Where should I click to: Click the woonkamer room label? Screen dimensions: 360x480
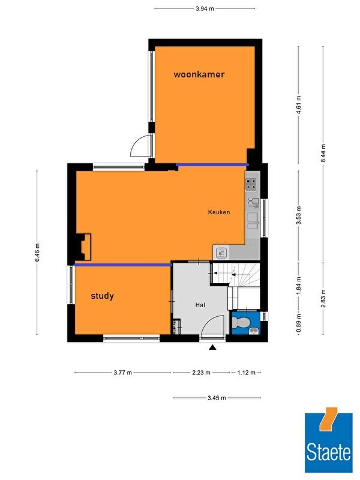point(199,74)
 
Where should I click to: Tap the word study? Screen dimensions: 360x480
point(102,296)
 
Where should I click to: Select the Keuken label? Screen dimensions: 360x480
point(219,212)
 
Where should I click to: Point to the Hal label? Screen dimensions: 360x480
point(200,305)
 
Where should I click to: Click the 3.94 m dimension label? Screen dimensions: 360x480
point(205,8)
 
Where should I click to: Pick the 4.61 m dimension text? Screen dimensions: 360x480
point(299,104)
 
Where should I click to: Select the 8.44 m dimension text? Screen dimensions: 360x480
point(323,154)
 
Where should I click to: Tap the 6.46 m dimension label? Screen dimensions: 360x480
point(37,253)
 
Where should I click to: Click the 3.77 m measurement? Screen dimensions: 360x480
point(123,373)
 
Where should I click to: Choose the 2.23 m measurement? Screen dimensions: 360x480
point(201,373)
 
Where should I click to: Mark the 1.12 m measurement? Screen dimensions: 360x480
point(246,373)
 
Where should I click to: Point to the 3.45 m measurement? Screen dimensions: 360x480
point(217,398)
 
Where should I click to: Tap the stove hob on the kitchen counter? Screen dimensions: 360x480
point(251,185)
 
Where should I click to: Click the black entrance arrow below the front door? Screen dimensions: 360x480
point(212,347)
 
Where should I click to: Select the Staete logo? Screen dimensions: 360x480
point(328,440)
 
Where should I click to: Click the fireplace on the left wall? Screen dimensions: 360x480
point(83,247)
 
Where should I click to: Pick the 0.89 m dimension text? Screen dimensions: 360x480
point(299,323)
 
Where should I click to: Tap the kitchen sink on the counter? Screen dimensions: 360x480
point(253,221)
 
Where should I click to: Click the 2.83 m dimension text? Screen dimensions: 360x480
point(323,298)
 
